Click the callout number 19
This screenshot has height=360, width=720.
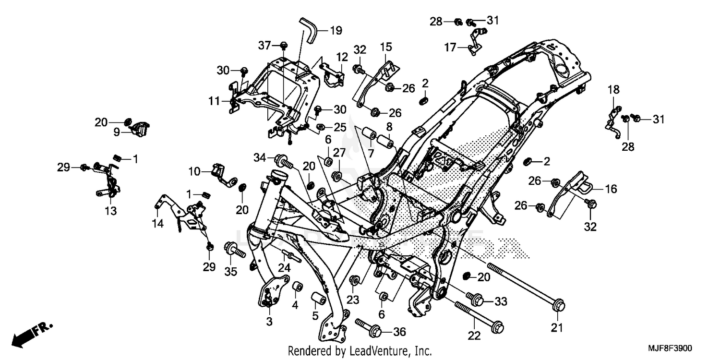tap(336, 31)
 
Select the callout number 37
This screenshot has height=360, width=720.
tap(264, 45)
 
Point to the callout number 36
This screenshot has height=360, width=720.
tap(399, 332)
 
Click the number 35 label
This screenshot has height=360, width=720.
tap(231, 272)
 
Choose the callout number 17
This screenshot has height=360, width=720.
tap(450, 48)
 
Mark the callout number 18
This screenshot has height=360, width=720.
tap(614, 90)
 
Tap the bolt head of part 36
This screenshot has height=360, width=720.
tap(375, 332)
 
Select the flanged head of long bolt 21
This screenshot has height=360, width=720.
tap(559, 305)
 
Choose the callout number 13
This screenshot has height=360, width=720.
tap(111, 210)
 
